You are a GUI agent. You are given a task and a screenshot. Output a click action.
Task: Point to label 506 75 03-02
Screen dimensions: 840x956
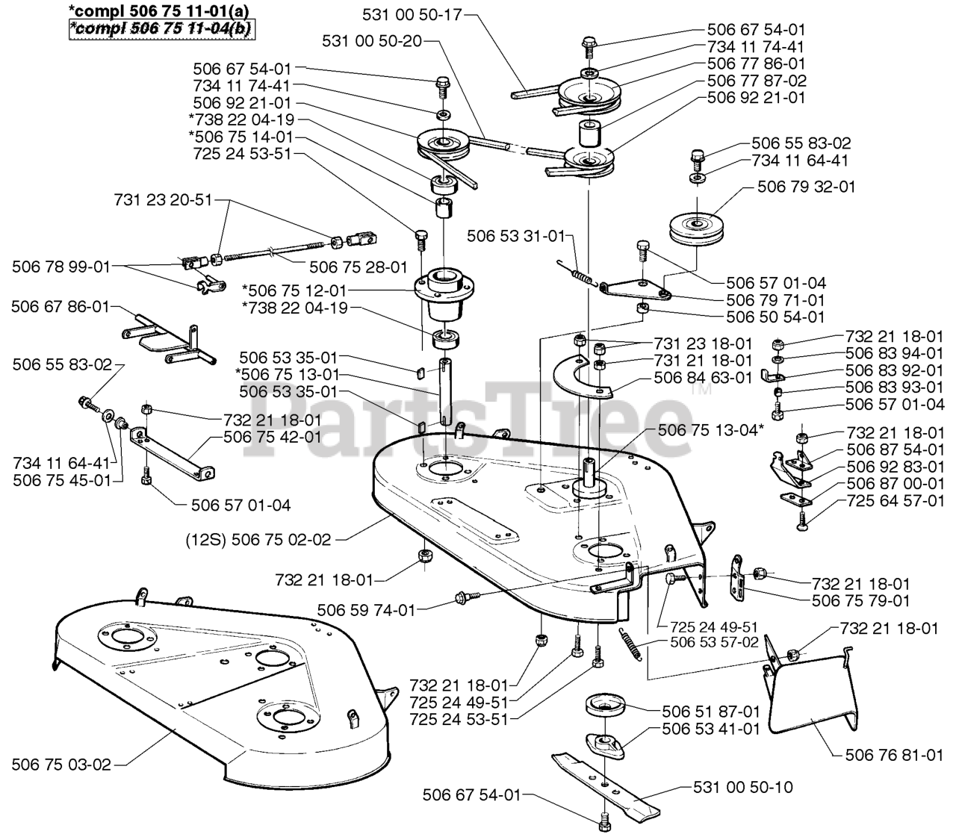coord(61,765)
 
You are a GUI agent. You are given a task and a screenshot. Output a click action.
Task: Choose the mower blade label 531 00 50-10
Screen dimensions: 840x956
coord(743,787)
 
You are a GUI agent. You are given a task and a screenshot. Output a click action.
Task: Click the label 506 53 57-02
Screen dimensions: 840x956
coord(715,641)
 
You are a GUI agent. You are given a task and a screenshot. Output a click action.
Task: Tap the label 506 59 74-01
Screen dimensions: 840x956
coord(366,610)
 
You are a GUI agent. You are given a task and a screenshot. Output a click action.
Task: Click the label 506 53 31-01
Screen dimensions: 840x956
coord(516,237)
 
